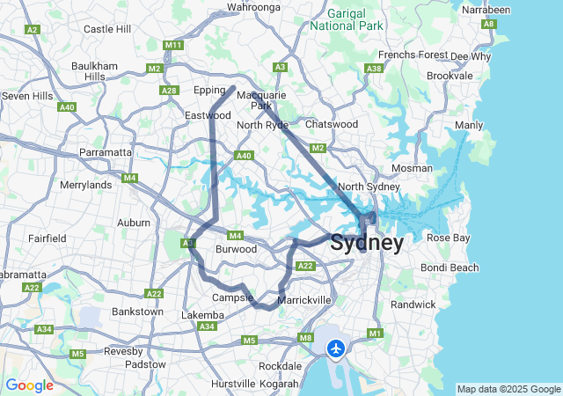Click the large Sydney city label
(x=367, y=243)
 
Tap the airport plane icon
(x=335, y=349)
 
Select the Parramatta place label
(x=106, y=152)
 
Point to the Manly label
(x=469, y=125)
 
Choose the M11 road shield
(x=172, y=45)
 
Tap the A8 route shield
(x=488, y=25)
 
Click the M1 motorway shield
(x=376, y=334)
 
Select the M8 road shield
(x=305, y=338)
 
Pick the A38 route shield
(x=374, y=68)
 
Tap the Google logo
(x=29, y=385)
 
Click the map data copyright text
(x=508, y=389)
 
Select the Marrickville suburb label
(x=304, y=300)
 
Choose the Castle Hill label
(x=107, y=29)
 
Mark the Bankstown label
(x=137, y=312)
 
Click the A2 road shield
(x=33, y=30)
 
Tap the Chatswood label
(x=332, y=124)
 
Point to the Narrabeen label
(x=486, y=9)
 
